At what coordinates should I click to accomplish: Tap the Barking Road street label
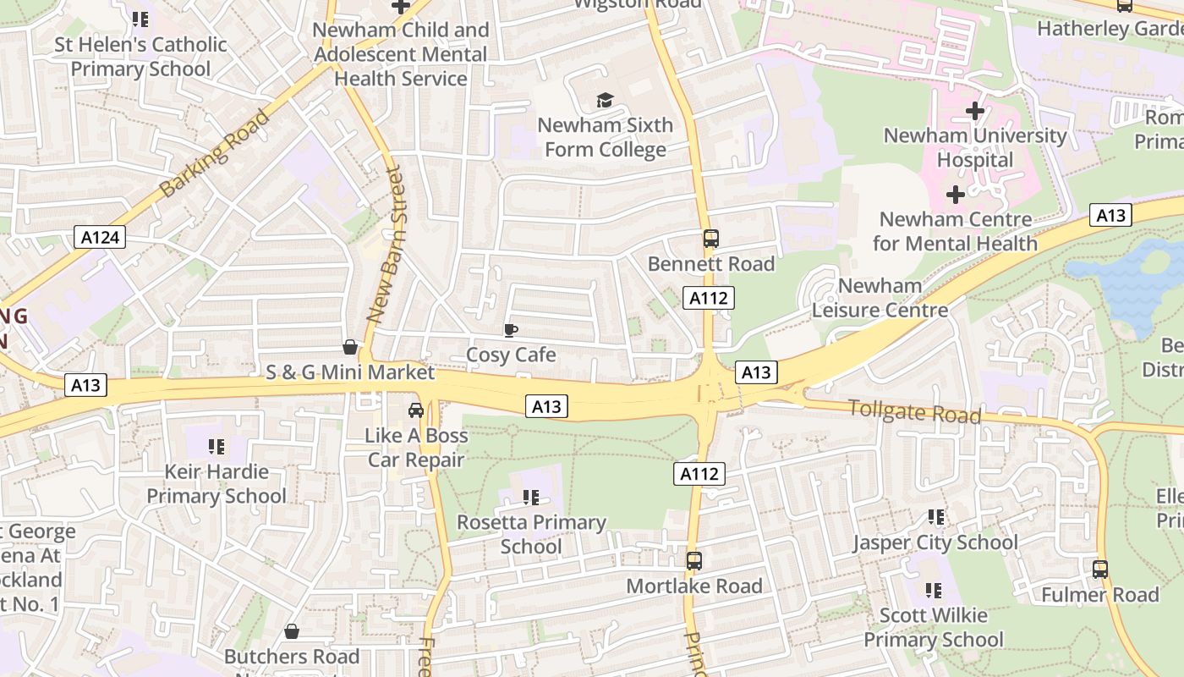pos(215,152)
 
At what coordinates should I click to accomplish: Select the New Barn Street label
pos(385,245)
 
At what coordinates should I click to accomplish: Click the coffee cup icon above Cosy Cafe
pos(510,330)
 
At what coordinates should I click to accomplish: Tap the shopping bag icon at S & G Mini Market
pos(349,347)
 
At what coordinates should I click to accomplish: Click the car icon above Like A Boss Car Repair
pos(416,410)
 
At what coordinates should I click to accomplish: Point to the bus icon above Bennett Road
pos(710,239)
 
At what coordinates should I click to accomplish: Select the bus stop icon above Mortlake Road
pos(694,560)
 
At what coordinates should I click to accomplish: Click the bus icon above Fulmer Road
pos(1099,569)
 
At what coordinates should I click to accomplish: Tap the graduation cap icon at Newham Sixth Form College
pos(604,101)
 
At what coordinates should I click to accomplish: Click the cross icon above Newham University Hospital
pos(975,110)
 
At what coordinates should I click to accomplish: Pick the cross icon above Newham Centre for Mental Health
pos(955,195)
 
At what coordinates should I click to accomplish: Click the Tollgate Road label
pos(914,412)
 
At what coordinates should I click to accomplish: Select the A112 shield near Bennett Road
pos(708,298)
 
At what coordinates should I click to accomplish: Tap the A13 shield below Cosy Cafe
pos(545,407)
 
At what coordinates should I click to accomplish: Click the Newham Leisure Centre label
pos(880,298)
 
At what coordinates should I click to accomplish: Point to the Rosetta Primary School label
pos(531,534)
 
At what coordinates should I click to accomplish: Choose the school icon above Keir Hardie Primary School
pos(217,446)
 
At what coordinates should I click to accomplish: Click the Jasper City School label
pos(935,542)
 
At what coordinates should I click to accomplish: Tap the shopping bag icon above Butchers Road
pos(292,631)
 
